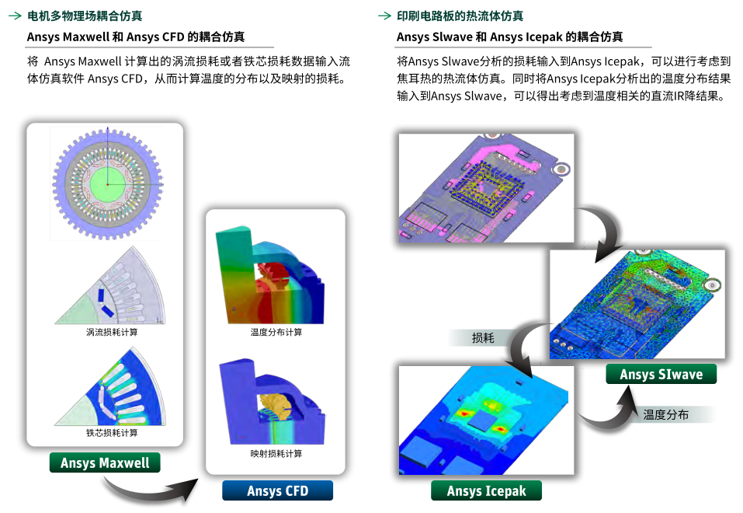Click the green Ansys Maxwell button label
[105, 463]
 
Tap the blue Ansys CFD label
[277, 490]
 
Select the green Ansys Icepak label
[486, 490]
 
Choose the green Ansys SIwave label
[661, 375]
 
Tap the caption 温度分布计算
[276, 332]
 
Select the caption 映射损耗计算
[276, 453]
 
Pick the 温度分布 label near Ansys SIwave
[666, 414]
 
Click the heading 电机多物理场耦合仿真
[85, 16]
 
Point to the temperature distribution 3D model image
[272, 276]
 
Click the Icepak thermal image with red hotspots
[486, 420]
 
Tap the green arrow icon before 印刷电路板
[384, 16]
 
